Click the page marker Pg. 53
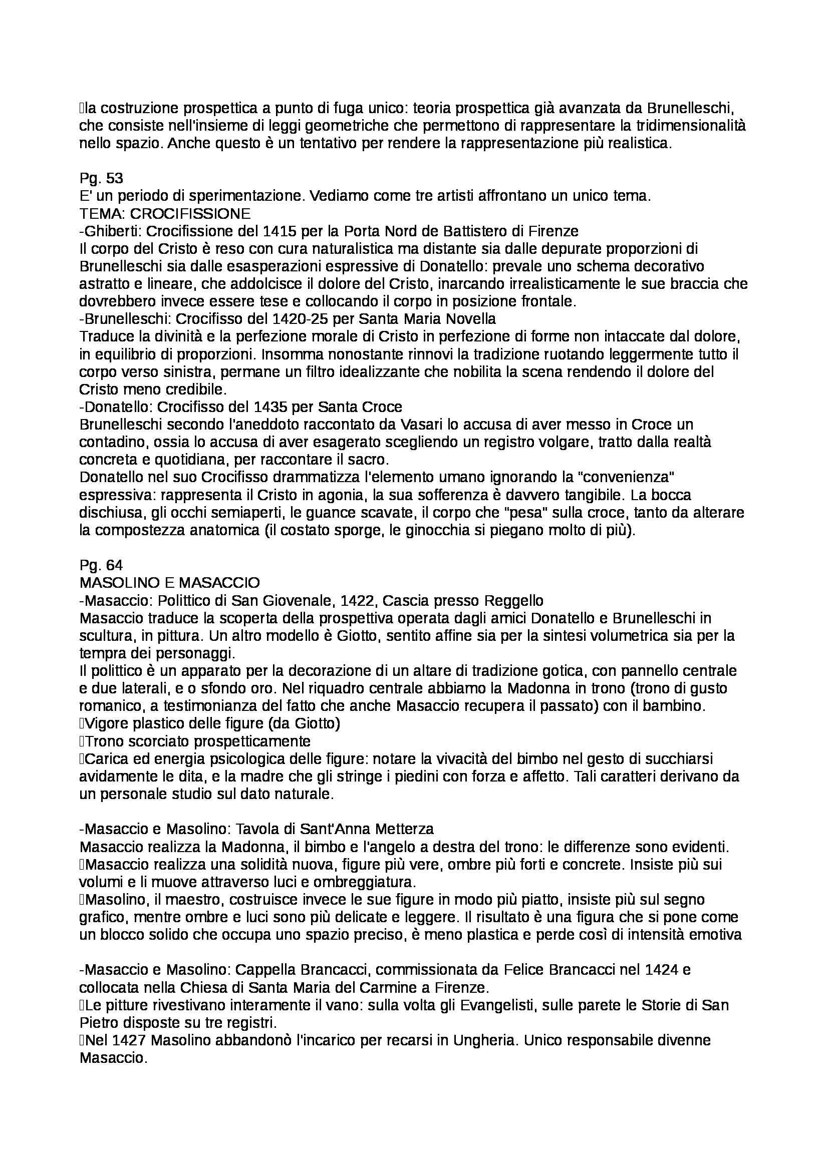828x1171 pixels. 102,178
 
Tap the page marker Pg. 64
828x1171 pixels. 102,565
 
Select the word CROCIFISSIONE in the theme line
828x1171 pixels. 190,213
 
